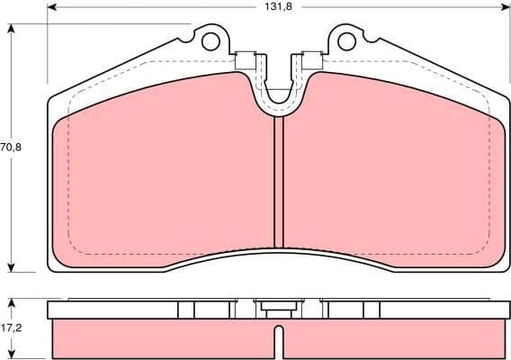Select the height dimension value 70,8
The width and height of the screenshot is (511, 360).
(x=10, y=146)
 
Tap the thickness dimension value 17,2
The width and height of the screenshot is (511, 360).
(x=10, y=328)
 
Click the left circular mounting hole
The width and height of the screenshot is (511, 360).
(x=211, y=40)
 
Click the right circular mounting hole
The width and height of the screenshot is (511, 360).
(x=346, y=40)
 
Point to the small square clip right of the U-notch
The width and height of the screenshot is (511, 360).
(x=312, y=61)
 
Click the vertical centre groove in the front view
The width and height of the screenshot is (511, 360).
(x=279, y=180)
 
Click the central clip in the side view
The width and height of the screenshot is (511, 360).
(x=279, y=309)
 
